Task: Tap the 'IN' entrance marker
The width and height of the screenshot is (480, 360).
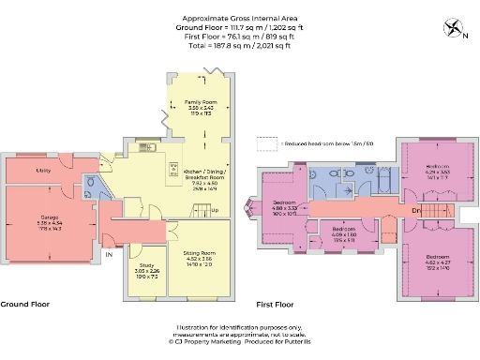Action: tap(108, 255)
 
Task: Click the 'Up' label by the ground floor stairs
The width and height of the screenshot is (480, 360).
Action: tap(215, 209)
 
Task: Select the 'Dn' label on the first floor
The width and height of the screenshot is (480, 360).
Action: tap(415, 209)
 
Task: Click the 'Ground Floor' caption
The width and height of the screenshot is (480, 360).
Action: tap(24, 305)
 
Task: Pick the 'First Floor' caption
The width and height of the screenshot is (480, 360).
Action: tap(275, 305)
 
